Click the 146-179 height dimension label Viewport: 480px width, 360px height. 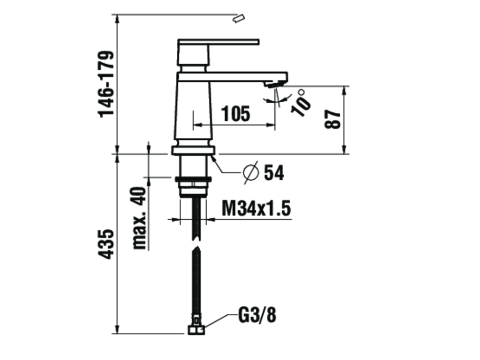pos(106,84)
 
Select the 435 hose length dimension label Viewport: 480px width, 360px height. pos(107,244)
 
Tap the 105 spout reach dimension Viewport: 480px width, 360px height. pos(235,113)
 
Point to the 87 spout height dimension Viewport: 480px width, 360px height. pos(333,120)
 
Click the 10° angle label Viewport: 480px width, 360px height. pos(301,102)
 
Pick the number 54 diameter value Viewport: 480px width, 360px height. pos(274,173)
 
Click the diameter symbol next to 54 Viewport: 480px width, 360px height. pos(251,173)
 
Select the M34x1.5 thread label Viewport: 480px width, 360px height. pos(256,208)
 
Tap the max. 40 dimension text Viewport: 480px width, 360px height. pos(140,218)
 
